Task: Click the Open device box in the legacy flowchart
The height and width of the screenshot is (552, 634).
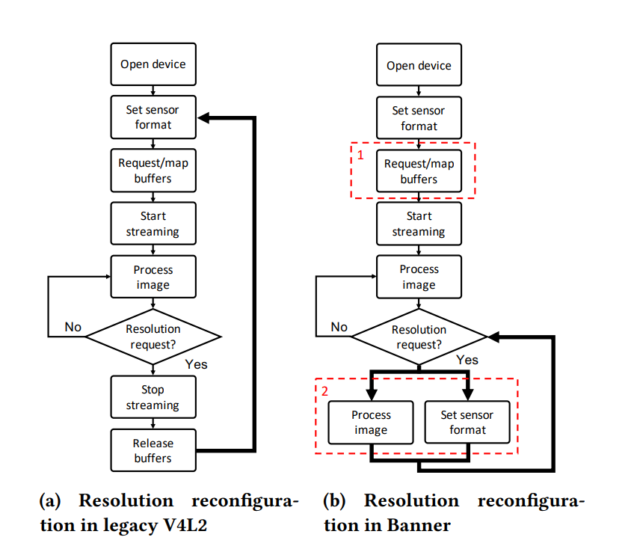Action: (x=153, y=64)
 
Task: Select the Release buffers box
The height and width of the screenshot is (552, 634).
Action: (x=153, y=450)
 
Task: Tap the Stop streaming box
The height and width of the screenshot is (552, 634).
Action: (x=153, y=397)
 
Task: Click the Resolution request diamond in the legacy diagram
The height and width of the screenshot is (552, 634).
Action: (x=153, y=337)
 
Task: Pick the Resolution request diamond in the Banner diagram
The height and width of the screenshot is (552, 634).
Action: (x=419, y=337)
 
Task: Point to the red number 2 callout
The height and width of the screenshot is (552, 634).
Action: (x=324, y=390)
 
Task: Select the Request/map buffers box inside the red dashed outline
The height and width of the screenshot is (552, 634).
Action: (x=419, y=171)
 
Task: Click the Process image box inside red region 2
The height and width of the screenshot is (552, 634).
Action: (x=371, y=422)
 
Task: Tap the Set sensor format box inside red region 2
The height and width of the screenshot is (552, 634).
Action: (x=467, y=422)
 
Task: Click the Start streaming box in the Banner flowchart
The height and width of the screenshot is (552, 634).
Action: (x=419, y=224)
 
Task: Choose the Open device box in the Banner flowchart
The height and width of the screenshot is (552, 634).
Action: (x=419, y=65)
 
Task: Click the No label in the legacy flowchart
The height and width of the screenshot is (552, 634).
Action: (x=73, y=327)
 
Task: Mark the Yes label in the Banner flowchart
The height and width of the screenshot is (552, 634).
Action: (x=467, y=360)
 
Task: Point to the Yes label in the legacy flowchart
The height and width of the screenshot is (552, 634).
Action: (x=196, y=364)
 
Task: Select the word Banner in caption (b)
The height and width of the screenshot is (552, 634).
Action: (x=419, y=525)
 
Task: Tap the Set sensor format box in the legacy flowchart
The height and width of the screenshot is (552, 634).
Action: (x=153, y=117)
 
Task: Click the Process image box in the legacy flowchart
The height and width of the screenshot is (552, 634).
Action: (x=153, y=277)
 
